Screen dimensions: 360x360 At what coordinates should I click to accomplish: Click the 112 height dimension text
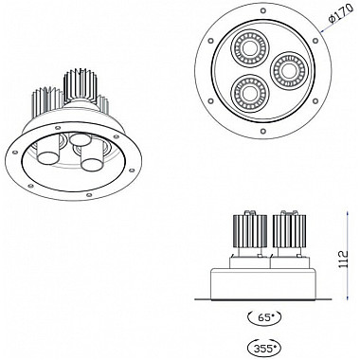pos(342,260)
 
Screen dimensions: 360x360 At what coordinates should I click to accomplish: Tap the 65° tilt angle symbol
pos(264,316)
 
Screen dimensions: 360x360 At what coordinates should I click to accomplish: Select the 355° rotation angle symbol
pos(264,348)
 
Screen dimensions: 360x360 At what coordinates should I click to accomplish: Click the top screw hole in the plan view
pos(262,11)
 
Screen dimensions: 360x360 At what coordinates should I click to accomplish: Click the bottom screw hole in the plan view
pos(262,130)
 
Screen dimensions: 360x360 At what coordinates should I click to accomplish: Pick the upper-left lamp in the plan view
pos(251,48)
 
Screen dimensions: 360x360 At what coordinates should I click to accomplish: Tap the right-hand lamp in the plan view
pos(288,71)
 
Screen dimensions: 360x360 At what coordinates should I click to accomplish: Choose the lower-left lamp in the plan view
pos(249,93)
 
